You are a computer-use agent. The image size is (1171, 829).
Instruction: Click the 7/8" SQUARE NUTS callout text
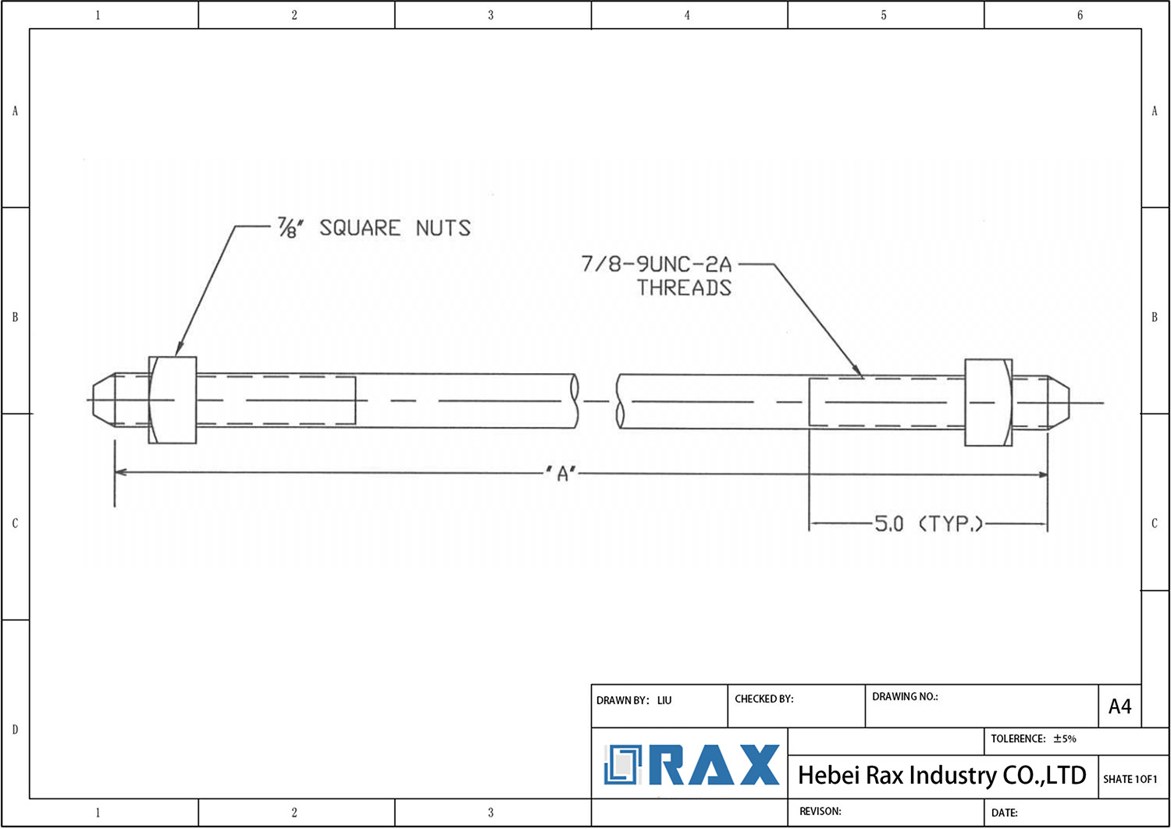[x=375, y=228]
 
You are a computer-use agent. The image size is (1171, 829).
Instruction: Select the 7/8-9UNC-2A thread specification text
[x=656, y=264]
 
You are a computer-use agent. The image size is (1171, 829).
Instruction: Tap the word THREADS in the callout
[x=684, y=288]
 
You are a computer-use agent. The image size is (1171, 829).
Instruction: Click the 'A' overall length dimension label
[x=561, y=473]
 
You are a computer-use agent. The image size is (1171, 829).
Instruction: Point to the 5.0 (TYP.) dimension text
[x=927, y=524]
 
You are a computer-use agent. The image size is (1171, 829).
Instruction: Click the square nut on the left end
[x=173, y=400]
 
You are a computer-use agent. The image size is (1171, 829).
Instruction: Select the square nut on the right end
[x=988, y=403]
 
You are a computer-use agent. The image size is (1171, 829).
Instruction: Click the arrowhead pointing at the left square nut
[x=180, y=349]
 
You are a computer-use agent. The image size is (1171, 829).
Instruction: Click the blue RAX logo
[x=692, y=765]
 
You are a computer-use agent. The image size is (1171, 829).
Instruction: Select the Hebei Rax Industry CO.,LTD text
[x=941, y=775]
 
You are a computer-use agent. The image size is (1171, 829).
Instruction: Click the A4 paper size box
[x=1119, y=706]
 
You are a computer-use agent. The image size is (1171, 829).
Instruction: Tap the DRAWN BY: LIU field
[x=633, y=700]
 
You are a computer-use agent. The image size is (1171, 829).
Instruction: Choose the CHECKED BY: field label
[x=763, y=699]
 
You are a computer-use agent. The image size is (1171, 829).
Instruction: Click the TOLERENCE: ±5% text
[x=1033, y=738]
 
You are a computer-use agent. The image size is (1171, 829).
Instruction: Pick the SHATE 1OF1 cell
[x=1130, y=779]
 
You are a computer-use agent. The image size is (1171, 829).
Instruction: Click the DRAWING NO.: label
[x=905, y=696]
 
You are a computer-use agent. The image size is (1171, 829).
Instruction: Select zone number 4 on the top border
[x=687, y=15]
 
